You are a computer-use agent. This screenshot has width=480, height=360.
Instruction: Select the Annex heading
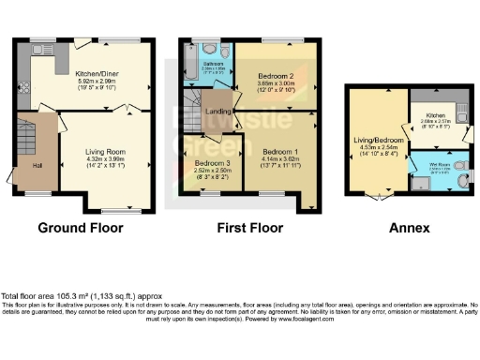coord(409,228)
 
